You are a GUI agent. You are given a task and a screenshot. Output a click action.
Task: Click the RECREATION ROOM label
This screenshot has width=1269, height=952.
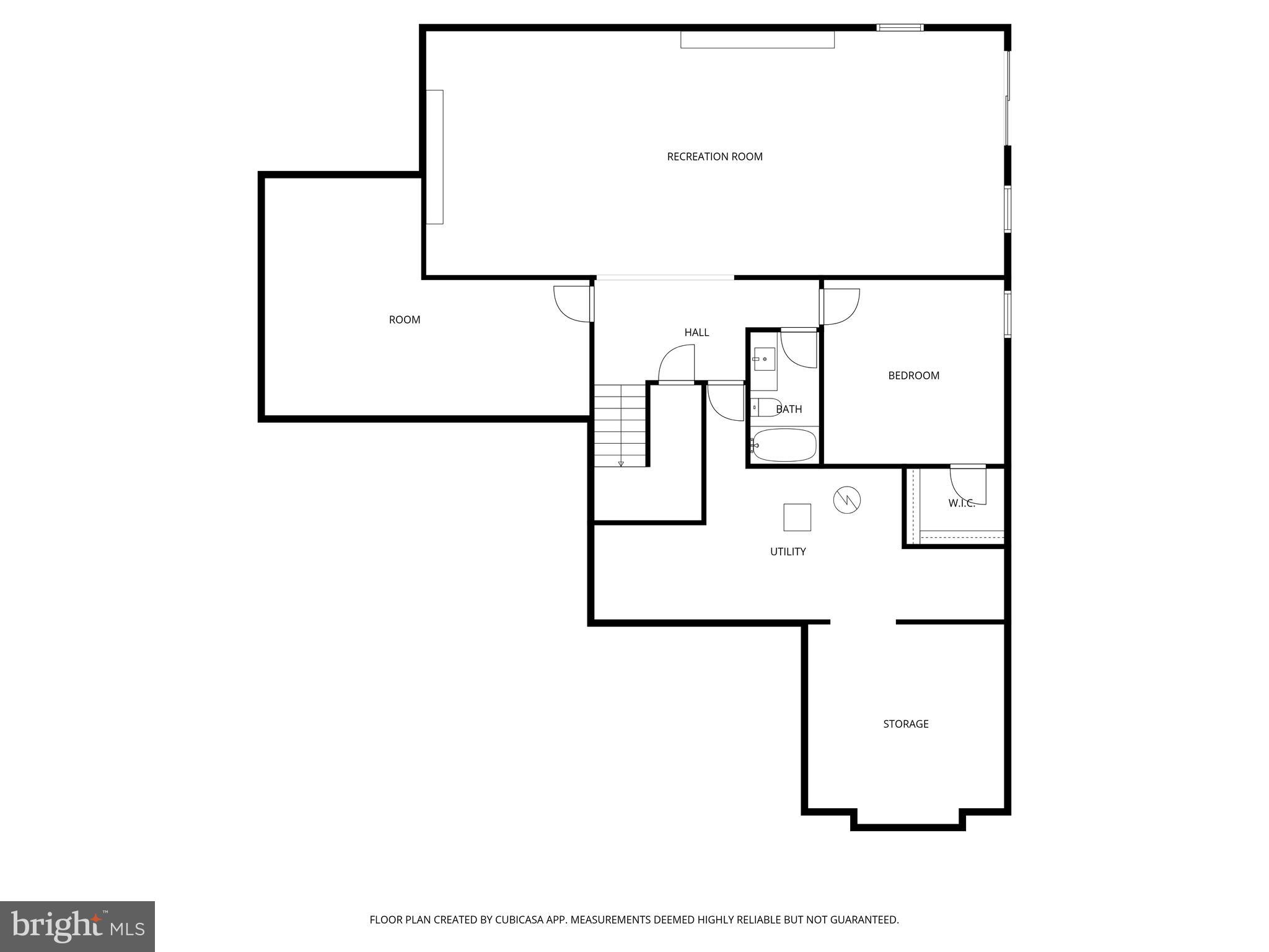pyautogui.click(x=714, y=157)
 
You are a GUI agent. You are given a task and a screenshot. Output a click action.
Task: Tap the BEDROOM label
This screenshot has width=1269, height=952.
pyautogui.click(x=913, y=376)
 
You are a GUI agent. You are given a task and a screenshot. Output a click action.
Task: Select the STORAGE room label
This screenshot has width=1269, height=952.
pyautogui.click(x=905, y=724)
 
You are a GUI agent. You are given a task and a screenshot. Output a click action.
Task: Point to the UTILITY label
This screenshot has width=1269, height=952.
pyautogui.click(x=788, y=552)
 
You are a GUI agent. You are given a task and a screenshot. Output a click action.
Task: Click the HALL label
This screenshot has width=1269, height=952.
pyautogui.click(x=696, y=333)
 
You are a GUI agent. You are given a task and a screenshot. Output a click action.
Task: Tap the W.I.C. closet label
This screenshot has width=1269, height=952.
pyautogui.click(x=961, y=504)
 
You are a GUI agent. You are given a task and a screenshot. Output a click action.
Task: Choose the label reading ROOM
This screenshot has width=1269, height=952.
pyautogui.click(x=404, y=320)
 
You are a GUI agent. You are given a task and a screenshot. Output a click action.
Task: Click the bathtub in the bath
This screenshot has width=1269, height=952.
pyautogui.click(x=784, y=445)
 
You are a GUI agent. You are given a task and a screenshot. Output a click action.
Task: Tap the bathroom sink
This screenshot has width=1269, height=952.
pyautogui.click(x=764, y=359)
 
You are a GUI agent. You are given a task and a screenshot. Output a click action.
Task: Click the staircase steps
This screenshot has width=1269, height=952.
pyautogui.click(x=620, y=425)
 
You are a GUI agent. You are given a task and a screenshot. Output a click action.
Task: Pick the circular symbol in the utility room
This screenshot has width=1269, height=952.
pyautogui.click(x=846, y=500)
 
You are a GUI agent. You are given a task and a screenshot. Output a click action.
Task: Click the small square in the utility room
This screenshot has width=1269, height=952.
pyautogui.click(x=797, y=518)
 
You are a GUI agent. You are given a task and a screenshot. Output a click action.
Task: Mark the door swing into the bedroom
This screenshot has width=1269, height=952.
pyautogui.click(x=841, y=307)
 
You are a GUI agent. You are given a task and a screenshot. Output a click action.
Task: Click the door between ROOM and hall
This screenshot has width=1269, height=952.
pyautogui.click(x=573, y=304)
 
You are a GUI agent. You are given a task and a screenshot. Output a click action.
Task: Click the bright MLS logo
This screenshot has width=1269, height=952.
pyautogui.click(x=77, y=926)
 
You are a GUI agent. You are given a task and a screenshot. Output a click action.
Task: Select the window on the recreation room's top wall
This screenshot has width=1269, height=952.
pyautogui.click(x=900, y=27)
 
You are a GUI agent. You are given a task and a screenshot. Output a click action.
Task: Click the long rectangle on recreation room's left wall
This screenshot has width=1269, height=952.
pyautogui.click(x=434, y=157)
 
